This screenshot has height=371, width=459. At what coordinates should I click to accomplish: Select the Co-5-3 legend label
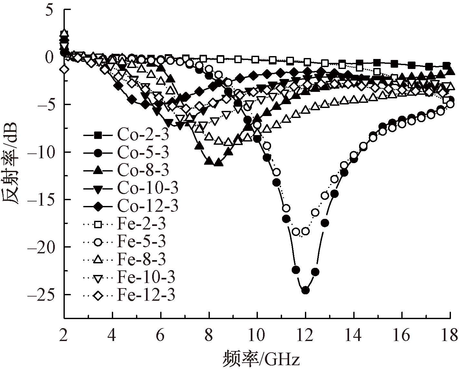coord(143,153)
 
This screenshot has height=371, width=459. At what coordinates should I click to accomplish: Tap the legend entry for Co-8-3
coord(143,171)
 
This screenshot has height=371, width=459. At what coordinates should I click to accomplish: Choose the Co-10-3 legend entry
coord(147,188)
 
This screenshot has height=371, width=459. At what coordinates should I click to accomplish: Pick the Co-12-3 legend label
coord(147,206)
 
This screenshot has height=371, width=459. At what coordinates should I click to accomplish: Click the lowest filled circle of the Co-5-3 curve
coord(305,290)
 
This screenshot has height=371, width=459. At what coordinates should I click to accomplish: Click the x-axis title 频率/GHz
coord(261,358)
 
